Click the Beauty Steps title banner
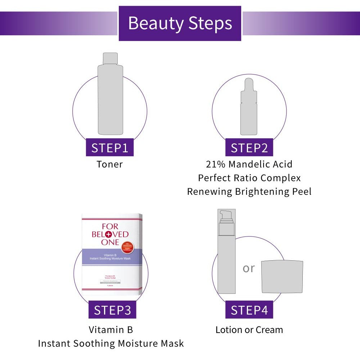click(x=180, y=23)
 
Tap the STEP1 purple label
click(x=109, y=148)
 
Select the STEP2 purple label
click(x=249, y=148)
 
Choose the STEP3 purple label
click(x=112, y=310)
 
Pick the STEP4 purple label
click(x=249, y=310)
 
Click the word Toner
click(x=109, y=165)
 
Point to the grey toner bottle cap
click(x=110, y=58)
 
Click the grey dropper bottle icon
click(x=249, y=108)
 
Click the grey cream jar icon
click(x=282, y=276)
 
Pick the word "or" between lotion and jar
click(x=248, y=268)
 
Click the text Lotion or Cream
click(x=249, y=330)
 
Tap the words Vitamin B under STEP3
click(x=111, y=330)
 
